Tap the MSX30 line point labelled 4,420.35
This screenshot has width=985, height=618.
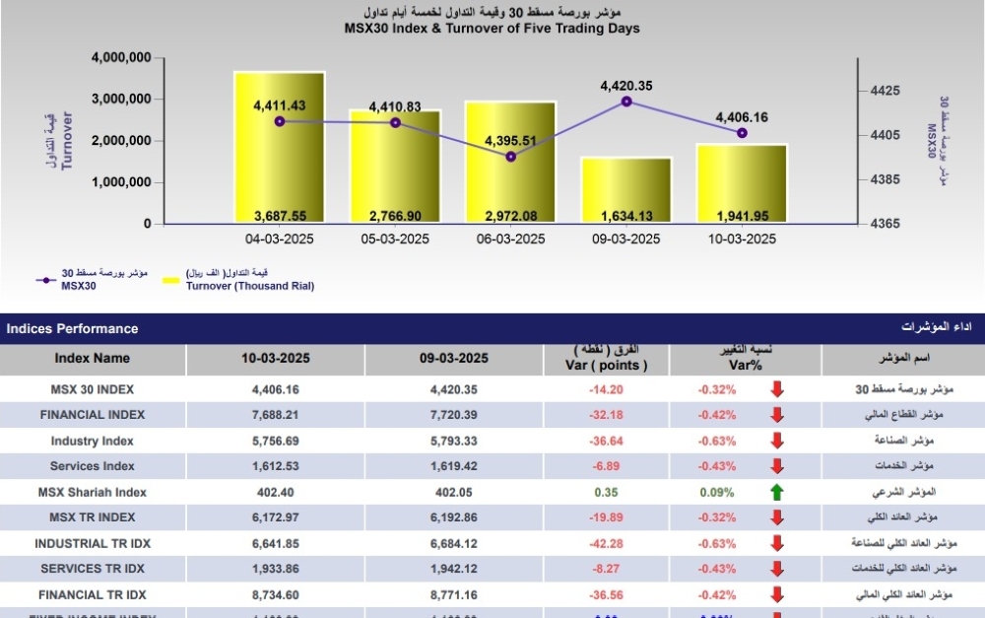[x=626, y=102]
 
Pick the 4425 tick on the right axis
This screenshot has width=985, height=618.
[x=886, y=91]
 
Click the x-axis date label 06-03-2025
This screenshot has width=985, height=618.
[x=510, y=240]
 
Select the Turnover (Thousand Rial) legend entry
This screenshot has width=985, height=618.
[x=250, y=286]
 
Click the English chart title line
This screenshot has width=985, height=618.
[x=492, y=29]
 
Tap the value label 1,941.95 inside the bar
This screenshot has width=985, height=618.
[x=742, y=216]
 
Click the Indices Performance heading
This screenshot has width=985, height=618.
[x=73, y=328]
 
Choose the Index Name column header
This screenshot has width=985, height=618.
[x=92, y=359]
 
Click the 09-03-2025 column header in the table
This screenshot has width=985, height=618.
[x=453, y=359]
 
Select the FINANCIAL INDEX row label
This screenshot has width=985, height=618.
[x=92, y=415]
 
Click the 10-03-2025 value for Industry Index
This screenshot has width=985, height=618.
[x=276, y=441]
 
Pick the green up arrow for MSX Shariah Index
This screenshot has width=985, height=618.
[x=777, y=492]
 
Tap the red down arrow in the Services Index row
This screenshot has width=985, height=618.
[x=777, y=466]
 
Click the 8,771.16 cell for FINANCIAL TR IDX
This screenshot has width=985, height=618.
[x=453, y=594]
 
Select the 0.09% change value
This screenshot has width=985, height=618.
[x=716, y=492]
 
